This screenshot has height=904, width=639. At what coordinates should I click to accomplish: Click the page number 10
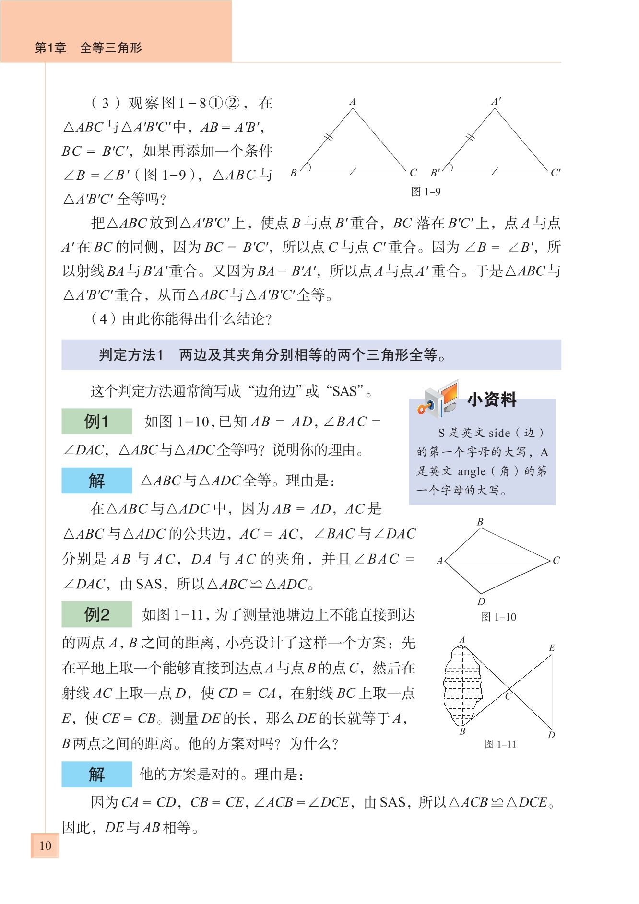click(45, 845)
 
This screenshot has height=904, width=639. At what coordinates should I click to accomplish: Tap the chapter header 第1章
click(50, 47)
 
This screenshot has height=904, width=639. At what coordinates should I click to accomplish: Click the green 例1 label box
click(96, 422)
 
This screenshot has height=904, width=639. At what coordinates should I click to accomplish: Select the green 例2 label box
click(96, 614)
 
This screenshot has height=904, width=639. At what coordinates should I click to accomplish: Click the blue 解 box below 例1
click(96, 481)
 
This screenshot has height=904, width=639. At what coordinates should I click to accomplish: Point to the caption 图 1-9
click(426, 192)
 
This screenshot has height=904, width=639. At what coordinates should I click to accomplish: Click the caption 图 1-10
click(498, 617)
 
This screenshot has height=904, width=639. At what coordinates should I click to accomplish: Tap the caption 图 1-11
click(500, 744)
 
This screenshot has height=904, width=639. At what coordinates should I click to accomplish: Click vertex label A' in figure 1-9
click(497, 101)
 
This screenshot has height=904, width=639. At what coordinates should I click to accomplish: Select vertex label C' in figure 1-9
click(556, 173)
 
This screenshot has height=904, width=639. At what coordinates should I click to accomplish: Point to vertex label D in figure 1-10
click(481, 601)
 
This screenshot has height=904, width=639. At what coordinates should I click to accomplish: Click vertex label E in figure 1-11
click(552, 648)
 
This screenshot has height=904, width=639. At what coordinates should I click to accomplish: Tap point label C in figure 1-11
click(509, 696)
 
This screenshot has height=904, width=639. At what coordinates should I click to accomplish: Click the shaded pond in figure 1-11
click(461, 686)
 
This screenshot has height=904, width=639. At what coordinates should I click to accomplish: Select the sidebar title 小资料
click(492, 399)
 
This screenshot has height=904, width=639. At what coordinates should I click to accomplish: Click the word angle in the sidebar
click(472, 471)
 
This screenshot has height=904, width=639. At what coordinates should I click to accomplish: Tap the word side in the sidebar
click(499, 433)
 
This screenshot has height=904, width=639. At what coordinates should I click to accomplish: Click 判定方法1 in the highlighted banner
click(131, 355)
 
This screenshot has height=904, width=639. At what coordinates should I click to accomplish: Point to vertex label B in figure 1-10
click(480, 522)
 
